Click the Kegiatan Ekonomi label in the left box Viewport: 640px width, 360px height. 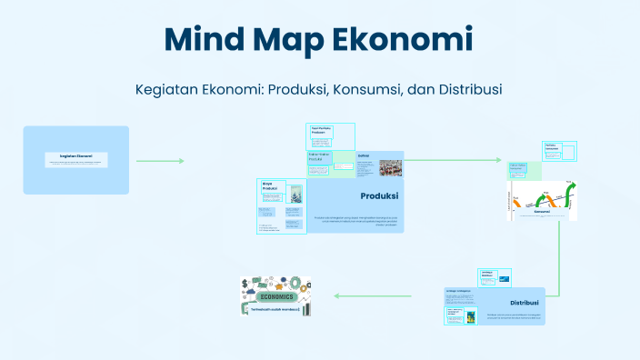pos(76,156)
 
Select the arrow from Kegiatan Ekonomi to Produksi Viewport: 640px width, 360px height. pos(160,161)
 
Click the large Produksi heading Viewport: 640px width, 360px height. pos(379,195)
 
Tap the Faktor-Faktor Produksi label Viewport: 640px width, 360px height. pos(319,157)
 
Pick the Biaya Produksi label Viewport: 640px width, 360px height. pos(269,185)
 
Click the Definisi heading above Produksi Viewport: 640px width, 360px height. pos(364,155)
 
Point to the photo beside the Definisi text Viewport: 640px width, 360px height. pos(391,167)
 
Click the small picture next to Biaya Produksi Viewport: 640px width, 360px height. pos(296,194)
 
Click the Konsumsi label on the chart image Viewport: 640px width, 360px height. pos(542,212)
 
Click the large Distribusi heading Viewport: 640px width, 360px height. pos(525,303)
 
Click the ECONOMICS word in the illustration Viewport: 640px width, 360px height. pos(275,297)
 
